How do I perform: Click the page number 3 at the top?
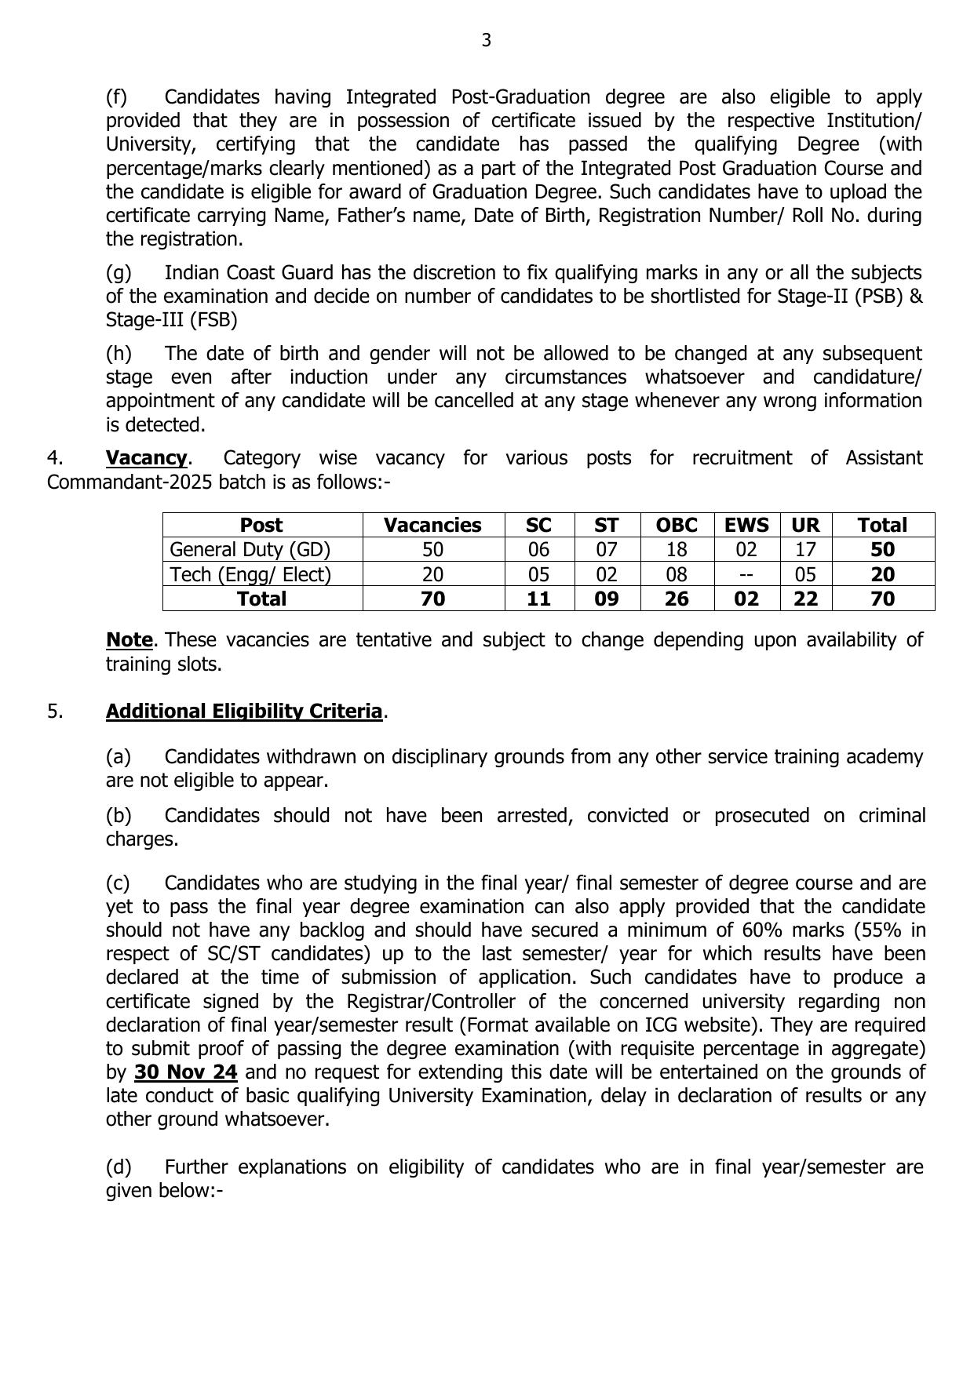pos(486,40)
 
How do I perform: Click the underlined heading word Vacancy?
pos(147,457)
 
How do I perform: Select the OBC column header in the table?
pos(676,525)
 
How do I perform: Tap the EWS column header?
pos(746,525)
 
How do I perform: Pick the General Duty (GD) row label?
pos(250,549)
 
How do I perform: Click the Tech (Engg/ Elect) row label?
pos(250,574)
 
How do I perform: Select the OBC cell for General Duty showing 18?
pos(676,549)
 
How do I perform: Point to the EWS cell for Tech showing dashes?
pos(746,574)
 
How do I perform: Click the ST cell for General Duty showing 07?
pos(606,549)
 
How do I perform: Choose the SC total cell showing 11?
pos(538,599)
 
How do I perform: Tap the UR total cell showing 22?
pos(805,599)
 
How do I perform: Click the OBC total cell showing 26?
pos(676,599)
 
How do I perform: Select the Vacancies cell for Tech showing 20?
pos(432,574)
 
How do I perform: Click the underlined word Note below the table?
pos(129,640)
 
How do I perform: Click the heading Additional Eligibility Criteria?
pos(244,712)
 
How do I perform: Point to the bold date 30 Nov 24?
pos(186,1072)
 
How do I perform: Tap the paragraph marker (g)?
pos(119,273)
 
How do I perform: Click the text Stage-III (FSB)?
pos(171,320)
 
